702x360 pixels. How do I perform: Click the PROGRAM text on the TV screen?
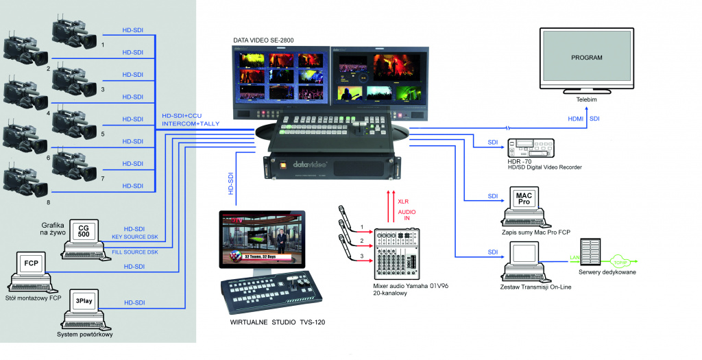[586, 58]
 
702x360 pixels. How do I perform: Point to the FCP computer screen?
[31, 263]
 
